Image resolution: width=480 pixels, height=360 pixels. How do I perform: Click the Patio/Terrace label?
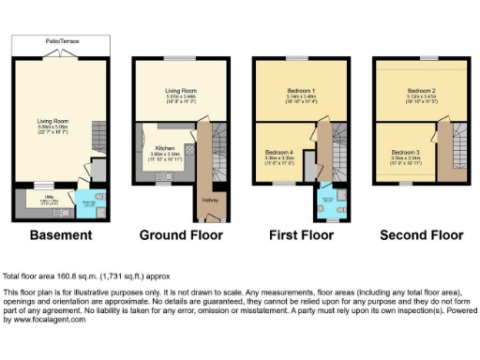click(x=60, y=41)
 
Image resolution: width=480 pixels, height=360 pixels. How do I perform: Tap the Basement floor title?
click(x=60, y=234)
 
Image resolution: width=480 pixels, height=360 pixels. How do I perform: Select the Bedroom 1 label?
click(x=300, y=90)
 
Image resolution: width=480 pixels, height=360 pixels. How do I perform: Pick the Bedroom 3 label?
click(x=405, y=152)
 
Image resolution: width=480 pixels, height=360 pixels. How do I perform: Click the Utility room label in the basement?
click(x=43, y=197)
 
